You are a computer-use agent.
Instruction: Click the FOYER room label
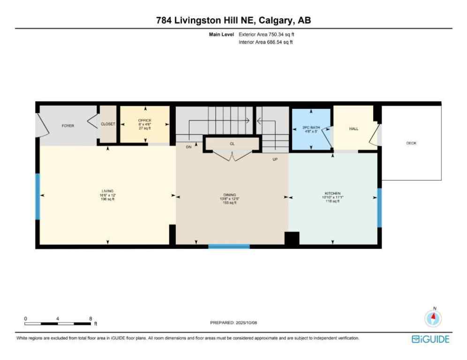pos(68,126)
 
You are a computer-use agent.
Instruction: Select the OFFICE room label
pos(144,120)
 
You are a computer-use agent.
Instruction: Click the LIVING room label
pos(108,191)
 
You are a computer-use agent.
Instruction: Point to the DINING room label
pos(229,195)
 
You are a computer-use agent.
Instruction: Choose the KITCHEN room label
pos(332,193)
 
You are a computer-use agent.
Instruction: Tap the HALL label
pos(354,128)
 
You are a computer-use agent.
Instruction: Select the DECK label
pos(411,143)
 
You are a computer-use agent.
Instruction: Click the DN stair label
pos(188,147)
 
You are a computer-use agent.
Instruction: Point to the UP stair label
pos(276,159)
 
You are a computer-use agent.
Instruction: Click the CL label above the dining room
pos(232,143)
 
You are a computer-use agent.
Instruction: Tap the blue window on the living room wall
pos(38,196)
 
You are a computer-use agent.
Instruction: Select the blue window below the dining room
pos(229,246)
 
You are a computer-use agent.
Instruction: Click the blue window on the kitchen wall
pos(379,208)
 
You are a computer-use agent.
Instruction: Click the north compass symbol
pos(433,318)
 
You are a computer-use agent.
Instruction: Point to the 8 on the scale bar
pos(90,318)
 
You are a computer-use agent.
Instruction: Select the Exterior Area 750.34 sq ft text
pos(266,34)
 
